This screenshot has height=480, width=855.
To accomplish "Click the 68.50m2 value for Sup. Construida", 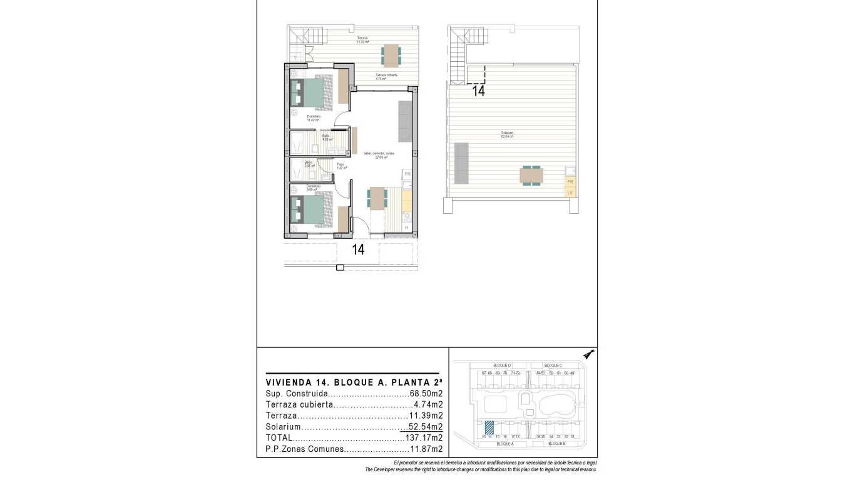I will coord(426,394).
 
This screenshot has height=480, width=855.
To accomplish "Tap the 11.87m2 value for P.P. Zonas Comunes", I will coord(426,449).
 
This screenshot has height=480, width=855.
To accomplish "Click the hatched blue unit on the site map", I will coord(489,428).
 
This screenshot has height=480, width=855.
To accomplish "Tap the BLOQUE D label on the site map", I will coord(502,365).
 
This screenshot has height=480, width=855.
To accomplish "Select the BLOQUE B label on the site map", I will coord(556,443).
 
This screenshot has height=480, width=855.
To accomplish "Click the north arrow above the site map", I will coord(588,355).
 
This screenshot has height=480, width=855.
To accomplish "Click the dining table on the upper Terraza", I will coord(391,55).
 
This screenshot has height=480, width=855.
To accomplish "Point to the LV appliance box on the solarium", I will coord(570,192).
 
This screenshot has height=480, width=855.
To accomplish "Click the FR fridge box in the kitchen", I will coord(407,174).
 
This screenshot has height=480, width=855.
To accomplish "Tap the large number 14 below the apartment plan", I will coord(358,250).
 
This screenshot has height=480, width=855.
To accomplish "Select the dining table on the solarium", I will coord(531,176).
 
